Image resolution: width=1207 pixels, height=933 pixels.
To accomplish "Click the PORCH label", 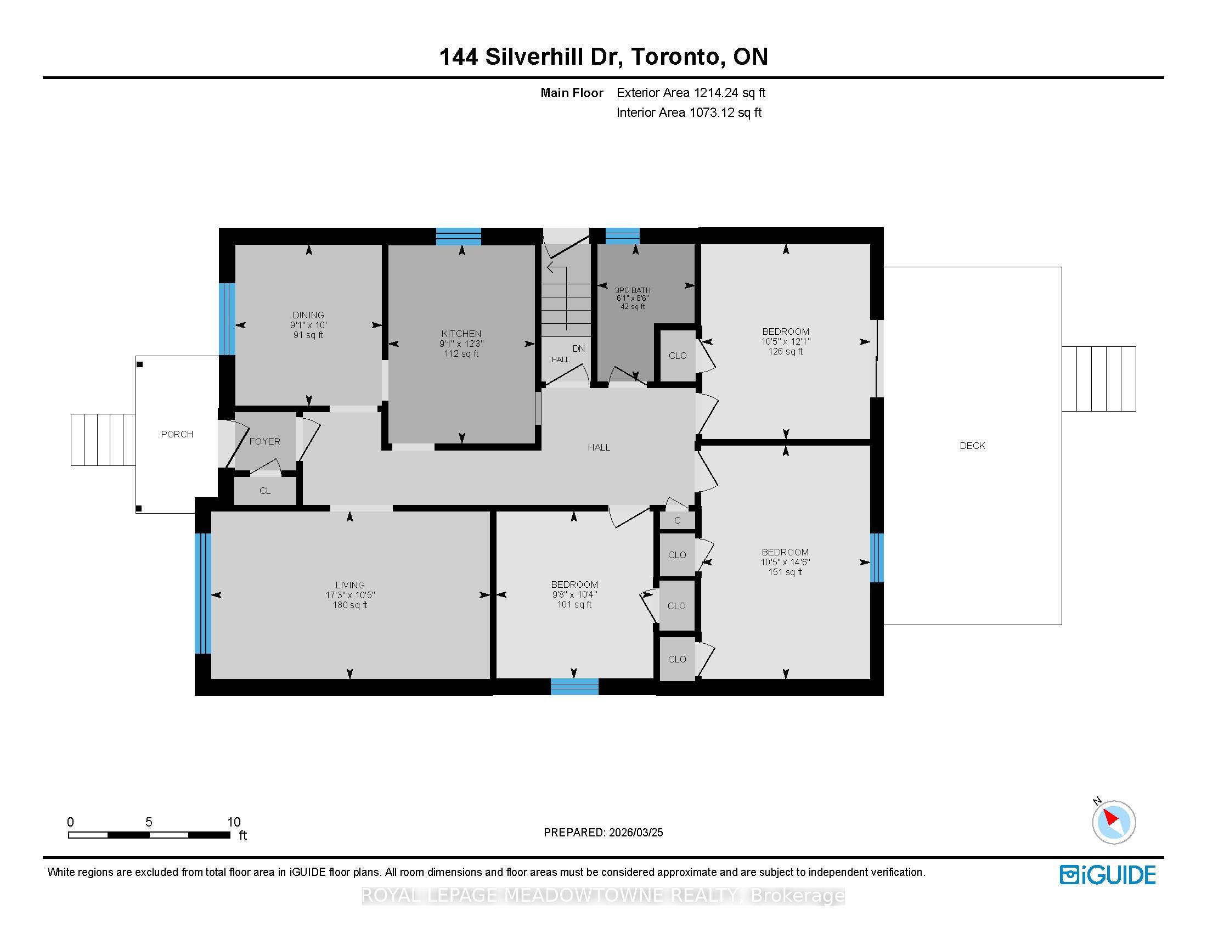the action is point(177,435).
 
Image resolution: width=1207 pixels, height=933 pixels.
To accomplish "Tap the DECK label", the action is point(972,446).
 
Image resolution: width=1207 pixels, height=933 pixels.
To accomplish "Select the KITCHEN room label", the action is point(461,333).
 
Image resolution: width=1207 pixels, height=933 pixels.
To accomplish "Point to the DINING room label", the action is point(308,315).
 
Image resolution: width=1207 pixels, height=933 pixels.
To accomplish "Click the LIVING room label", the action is point(350,585).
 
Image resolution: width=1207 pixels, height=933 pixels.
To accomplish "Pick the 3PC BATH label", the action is point(633,290).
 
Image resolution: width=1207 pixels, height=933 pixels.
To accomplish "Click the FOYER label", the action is point(265,441).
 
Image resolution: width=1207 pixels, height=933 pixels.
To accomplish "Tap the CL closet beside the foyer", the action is point(265,491).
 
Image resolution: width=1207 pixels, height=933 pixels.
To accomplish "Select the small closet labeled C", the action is point(677,520).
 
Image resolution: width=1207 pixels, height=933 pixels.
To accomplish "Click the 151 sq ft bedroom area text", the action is point(785,572).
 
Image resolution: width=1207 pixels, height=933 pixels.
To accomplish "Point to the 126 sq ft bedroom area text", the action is point(785,352).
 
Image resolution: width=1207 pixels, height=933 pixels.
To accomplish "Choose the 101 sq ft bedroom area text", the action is point(574,605).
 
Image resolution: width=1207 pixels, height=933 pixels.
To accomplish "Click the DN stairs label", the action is point(579,349).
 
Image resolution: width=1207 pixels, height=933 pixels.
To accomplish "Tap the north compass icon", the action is point(1113,822).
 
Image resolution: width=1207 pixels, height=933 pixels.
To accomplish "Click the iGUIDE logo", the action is point(1108,875).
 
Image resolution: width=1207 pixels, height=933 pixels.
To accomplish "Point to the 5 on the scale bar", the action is point(149,822).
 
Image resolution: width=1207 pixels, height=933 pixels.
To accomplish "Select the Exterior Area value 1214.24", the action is point(716,93).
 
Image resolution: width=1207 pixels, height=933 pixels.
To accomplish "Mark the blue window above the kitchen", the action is point(459,236).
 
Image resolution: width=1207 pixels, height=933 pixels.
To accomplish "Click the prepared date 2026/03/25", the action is point(635,833).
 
